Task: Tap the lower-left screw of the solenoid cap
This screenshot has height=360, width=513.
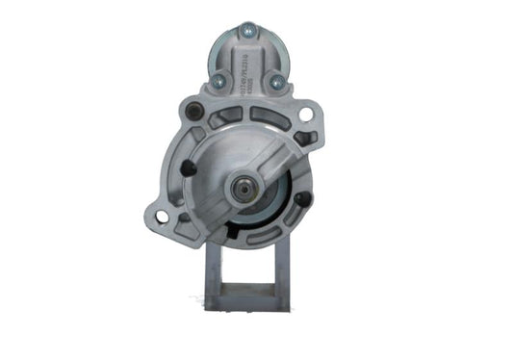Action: click(218, 82)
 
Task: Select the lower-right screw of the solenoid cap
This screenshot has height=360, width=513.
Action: click(277, 83)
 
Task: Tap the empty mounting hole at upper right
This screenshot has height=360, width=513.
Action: click(306, 115)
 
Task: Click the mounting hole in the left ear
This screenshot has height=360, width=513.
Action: click(162, 217)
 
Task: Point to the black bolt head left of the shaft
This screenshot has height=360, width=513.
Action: click(189, 169)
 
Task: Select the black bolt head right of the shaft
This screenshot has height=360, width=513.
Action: click(304, 199)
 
